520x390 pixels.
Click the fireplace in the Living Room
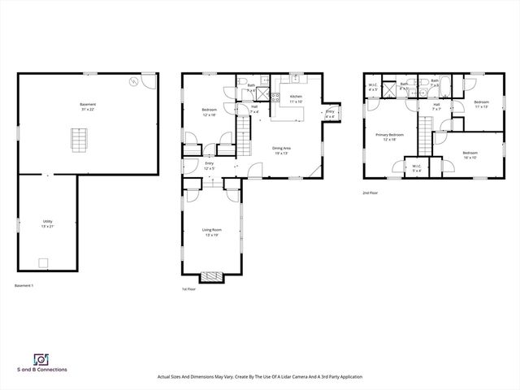pyautogui.click(x=212, y=276)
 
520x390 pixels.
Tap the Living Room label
pyautogui.click(x=212, y=232)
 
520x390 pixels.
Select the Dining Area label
pyautogui.click(x=283, y=149)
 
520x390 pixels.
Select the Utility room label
pyautogui.click(x=48, y=223)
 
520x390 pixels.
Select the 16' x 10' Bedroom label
pyautogui.click(x=470, y=154)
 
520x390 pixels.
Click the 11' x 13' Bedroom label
pyautogui.click(x=480, y=104)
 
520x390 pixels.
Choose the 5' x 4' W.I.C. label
pyautogui.click(x=417, y=168)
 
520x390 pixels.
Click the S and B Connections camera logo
pyautogui.click(x=39, y=358)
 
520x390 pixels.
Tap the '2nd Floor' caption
pyautogui.click(x=370, y=193)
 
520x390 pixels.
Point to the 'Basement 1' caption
pyautogui.click(x=24, y=285)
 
